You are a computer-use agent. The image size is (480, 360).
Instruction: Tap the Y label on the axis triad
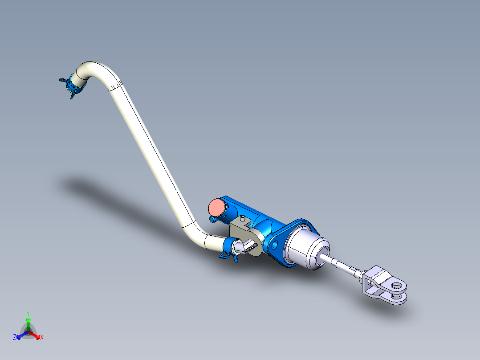[x=28, y=313]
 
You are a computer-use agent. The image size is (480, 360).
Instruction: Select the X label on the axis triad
[x=42, y=338]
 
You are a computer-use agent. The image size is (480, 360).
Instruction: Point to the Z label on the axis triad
[x=15, y=338]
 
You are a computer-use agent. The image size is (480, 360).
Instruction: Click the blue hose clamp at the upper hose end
[x=72, y=85]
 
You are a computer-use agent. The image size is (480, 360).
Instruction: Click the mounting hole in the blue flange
[x=273, y=244]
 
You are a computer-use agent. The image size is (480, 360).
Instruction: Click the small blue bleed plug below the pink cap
[x=213, y=219]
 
